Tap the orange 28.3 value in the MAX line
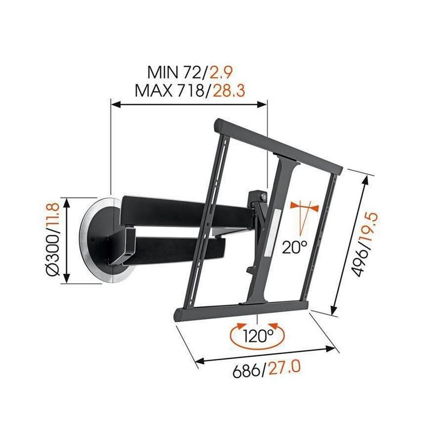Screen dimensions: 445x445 (x=229, y=91)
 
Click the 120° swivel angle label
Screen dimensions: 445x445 (x=258, y=335)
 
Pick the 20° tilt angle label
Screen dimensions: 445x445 (x=294, y=246)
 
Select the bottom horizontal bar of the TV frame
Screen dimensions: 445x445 (x=240, y=309)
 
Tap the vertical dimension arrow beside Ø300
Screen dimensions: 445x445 (x=67, y=240)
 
